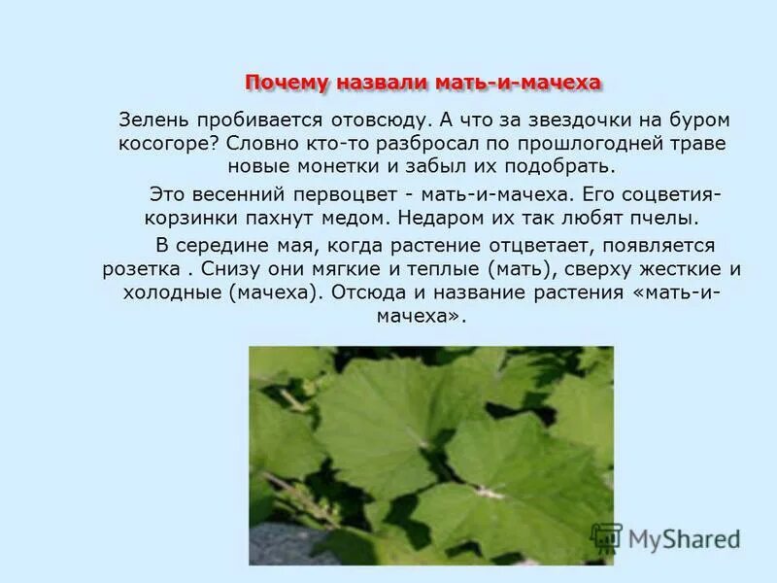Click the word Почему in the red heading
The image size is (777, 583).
pyautogui.click(x=283, y=83)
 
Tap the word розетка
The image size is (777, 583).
pyautogui.click(x=138, y=269)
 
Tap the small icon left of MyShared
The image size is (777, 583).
pyautogui.click(x=606, y=537)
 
